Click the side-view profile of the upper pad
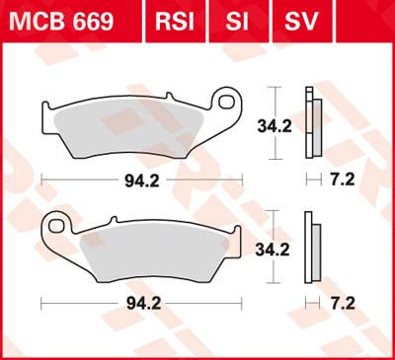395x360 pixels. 312,123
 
